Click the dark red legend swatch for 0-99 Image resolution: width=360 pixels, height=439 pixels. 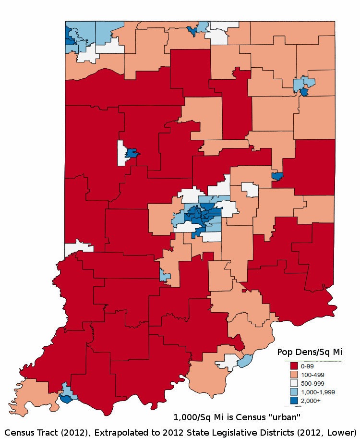(291, 366)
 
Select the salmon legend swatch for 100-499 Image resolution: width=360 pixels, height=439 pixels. (291, 375)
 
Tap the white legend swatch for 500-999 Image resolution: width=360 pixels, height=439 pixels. (291, 383)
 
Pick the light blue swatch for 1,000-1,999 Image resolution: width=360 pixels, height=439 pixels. (291, 391)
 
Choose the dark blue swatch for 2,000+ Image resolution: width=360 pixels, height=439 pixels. (291, 400)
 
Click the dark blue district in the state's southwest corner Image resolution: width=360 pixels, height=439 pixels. (65, 398)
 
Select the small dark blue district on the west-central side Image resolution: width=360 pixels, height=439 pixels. (132, 154)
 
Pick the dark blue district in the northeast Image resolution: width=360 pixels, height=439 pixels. (304, 92)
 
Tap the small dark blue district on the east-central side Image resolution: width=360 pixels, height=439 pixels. (276, 176)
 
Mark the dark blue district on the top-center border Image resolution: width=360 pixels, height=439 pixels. (192, 31)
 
